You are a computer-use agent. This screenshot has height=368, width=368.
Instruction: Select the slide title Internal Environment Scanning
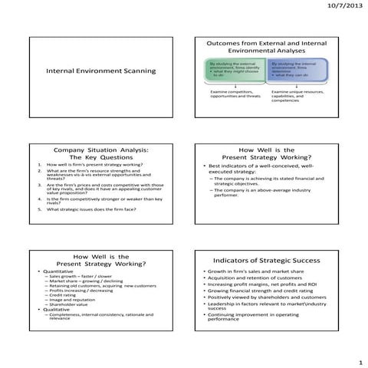[100, 71]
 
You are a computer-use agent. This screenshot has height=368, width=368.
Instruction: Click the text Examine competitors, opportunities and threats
[236, 97]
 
